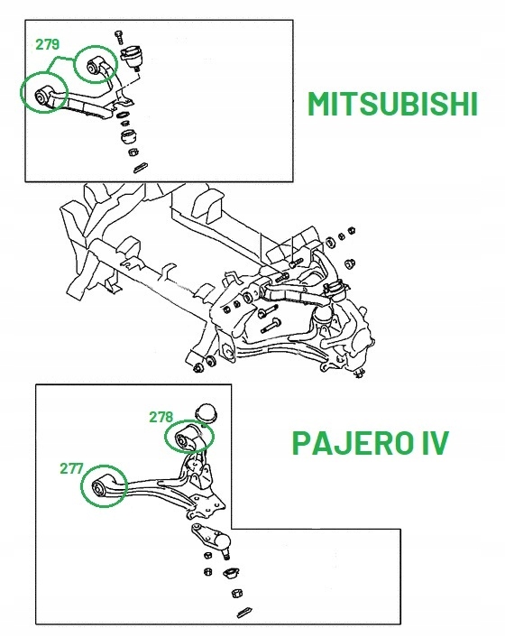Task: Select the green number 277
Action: pyautogui.click(x=72, y=468)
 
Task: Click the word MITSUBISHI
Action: pyautogui.click(x=391, y=106)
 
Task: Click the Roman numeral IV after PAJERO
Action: pyautogui.click(x=431, y=443)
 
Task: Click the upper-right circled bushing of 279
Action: pyautogui.click(x=96, y=65)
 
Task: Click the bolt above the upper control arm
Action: pyautogui.click(x=118, y=37)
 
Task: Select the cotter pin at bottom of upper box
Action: pyautogui.click(x=140, y=166)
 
